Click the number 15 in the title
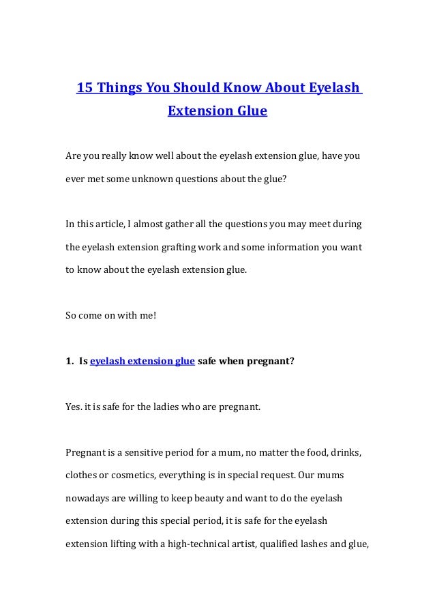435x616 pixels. (x=84, y=88)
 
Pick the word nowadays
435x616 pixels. (x=89, y=498)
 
